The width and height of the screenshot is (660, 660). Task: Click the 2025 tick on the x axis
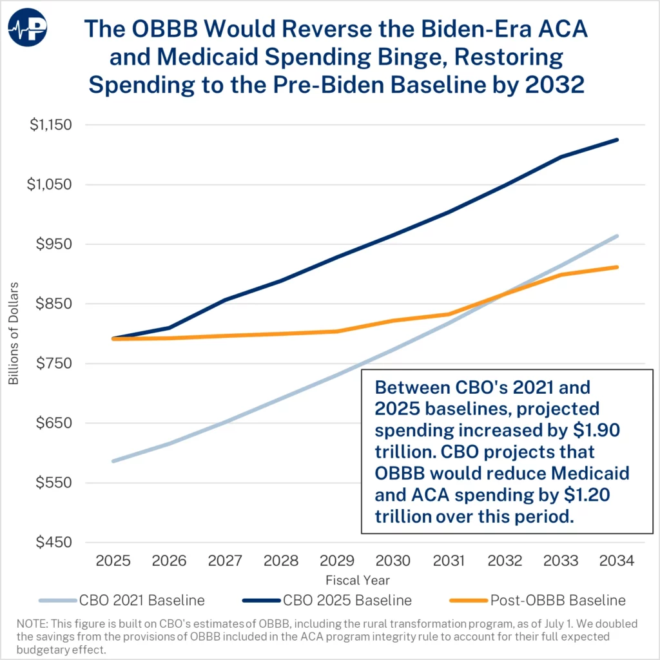click(113, 561)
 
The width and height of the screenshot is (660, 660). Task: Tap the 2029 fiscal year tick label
click(337, 561)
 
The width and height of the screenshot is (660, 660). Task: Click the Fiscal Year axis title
click(358, 580)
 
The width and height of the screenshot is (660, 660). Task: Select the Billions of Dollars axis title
click(14, 333)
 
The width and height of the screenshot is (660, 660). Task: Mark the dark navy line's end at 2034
click(617, 140)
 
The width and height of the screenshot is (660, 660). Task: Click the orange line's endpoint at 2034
click(617, 267)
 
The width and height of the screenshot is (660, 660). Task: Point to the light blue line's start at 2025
click(113, 461)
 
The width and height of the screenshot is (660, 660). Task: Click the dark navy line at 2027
click(226, 300)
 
